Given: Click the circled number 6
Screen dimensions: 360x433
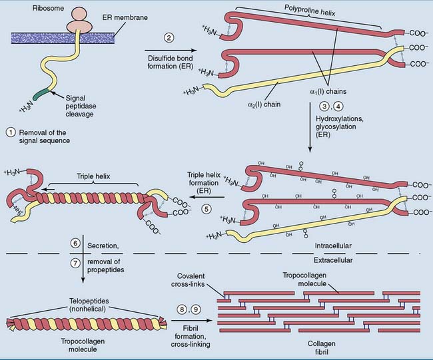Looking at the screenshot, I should [x=75, y=244].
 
